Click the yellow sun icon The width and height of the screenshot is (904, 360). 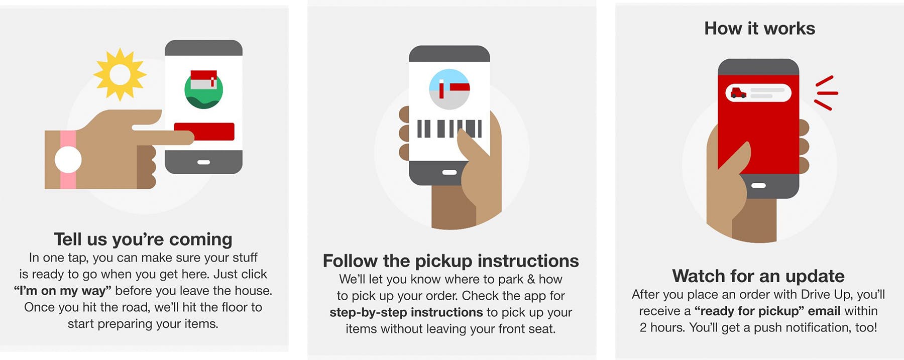click(x=120, y=75)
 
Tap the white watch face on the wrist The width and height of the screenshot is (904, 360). click(x=68, y=160)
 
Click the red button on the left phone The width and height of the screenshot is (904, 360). click(x=204, y=132)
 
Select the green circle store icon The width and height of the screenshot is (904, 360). click(x=203, y=89)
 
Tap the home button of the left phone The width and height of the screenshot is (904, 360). click(x=203, y=162)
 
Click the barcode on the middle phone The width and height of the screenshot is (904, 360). click(x=449, y=129)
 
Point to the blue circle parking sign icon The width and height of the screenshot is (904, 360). click(x=449, y=89)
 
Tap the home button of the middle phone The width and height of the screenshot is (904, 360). click(x=449, y=172)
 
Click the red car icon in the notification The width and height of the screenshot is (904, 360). click(x=738, y=92)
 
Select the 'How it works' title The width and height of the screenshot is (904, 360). click(x=759, y=29)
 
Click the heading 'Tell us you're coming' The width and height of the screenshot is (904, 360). click(x=143, y=239)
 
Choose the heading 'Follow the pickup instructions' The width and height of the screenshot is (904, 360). click(x=450, y=261)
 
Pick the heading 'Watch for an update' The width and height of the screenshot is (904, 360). click(x=758, y=276)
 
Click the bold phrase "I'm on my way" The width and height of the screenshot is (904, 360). click(x=63, y=291)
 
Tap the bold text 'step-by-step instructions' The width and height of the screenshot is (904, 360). click(x=406, y=312)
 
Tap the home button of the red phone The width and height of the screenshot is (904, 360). click(x=758, y=185)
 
